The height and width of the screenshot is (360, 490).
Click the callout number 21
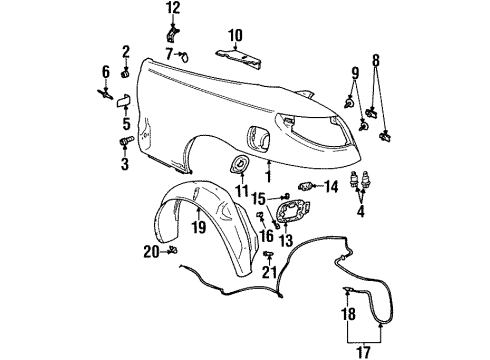268,273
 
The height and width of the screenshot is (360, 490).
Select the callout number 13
285,241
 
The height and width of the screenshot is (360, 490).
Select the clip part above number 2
126,72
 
